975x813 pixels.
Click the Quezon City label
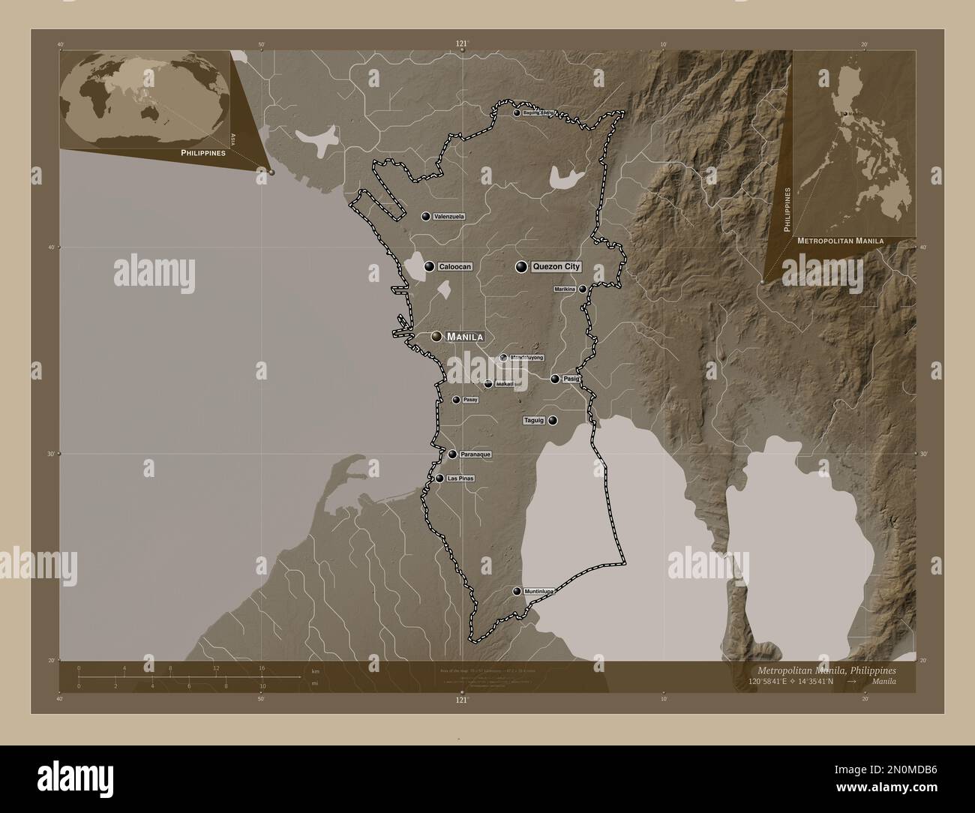[x=556, y=266]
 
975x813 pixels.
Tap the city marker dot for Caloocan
[x=430, y=266]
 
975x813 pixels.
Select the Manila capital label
[x=464, y=337]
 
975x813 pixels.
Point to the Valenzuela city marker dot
[x=426, y=217]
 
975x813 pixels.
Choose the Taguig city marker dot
[x=553, y=421]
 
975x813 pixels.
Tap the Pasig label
[x=571, y=379]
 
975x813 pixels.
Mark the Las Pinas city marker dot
[x=439, y=478]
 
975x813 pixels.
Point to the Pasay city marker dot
[x=456, y=400]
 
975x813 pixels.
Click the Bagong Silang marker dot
[x=517, y=113]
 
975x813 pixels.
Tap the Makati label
[x=504, y=384]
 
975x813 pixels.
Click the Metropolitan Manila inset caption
[x=840, y=241]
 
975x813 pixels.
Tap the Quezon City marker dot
[x=520, y=266]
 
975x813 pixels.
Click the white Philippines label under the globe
[x=202, y=152]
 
